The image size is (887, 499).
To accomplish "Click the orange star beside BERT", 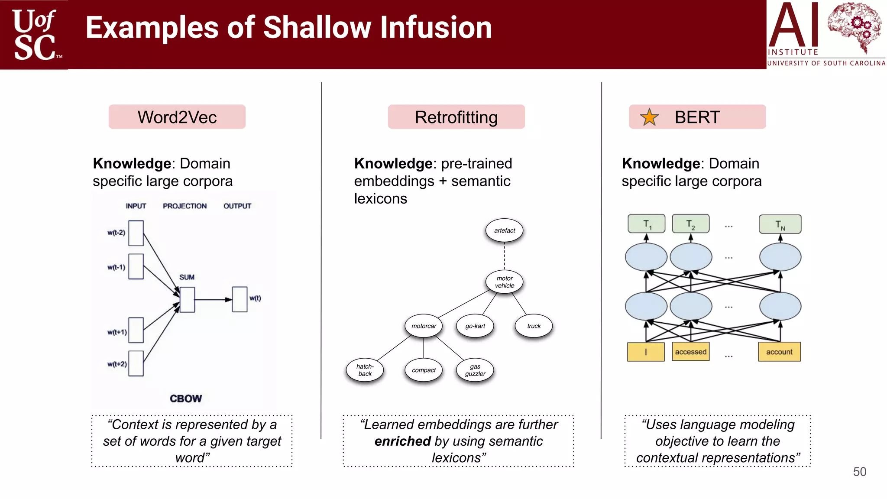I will coord(649,117).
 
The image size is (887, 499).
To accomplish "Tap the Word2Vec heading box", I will coord(177,117).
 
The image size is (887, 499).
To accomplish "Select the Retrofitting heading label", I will coord(456,117).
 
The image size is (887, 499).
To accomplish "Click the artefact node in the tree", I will coord(505,230).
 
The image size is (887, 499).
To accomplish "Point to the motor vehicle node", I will coord(505,282).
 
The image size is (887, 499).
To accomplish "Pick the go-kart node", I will coord(475,326).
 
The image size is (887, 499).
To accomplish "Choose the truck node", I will coord(534,326).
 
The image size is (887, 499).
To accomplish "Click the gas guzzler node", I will coord(475,370).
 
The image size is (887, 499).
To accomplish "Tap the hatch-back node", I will coord(365,370).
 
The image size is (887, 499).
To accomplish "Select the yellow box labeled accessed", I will coord(690,352).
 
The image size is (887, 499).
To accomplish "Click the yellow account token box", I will coord(779,352).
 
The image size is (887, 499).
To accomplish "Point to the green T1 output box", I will coord(647,224).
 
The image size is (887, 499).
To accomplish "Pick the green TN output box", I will coord(780,224).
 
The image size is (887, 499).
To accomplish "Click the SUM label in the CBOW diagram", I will coord(187,277).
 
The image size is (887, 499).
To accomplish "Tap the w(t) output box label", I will coord(255,298).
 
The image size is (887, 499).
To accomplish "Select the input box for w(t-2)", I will coord(136,233).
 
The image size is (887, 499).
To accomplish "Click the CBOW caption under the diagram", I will coord(186,399).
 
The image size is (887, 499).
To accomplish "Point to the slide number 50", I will coord(859,472).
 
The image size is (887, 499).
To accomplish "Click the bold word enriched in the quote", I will coord(402,441).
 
